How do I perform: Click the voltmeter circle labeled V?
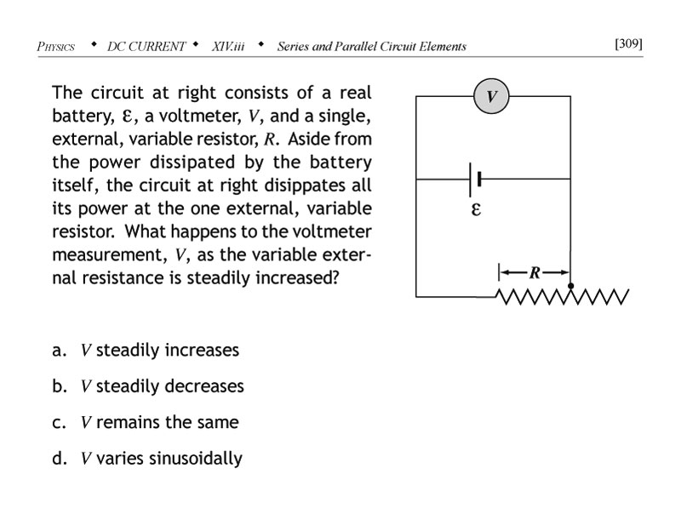coord(491,96)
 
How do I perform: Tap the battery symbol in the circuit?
coord(475,179)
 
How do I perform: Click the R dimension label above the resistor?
coord(535,272)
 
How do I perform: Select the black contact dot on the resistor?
coord(570,286)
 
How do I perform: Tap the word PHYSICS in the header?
coord(56,47)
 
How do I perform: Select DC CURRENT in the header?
coord(146,47)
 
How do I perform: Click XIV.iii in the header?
coord(228,47)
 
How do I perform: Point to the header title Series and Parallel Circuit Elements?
coord(371,47)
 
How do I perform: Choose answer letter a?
coord(59,351)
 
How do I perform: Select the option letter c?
coord(59,423)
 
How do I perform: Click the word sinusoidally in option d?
coord(196,459)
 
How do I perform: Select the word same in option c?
coord(217,423)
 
